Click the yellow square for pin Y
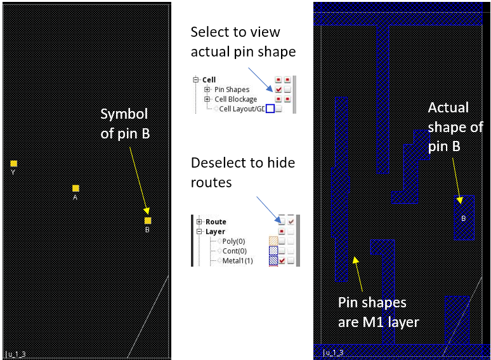tap(14, 164)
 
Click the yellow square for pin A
tap(75, 189)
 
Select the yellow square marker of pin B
tap(148, 221)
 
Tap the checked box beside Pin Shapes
tap(278, 90)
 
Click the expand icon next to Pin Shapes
tap(207, 90)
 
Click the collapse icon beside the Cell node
tap(197, 80)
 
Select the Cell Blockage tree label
tap(235, 99)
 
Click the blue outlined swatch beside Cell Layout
tap(270, 109)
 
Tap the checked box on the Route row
tap(291, 222)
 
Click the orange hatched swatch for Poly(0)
tap(273, 241)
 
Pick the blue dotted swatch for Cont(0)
tap(273, 251)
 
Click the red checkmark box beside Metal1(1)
tap(282, 261)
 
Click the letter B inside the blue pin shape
tap(463, 218)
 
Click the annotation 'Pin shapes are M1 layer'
tap(378, 312)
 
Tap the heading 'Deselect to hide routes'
tap(243, 172)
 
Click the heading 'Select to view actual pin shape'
tap(244, 41)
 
